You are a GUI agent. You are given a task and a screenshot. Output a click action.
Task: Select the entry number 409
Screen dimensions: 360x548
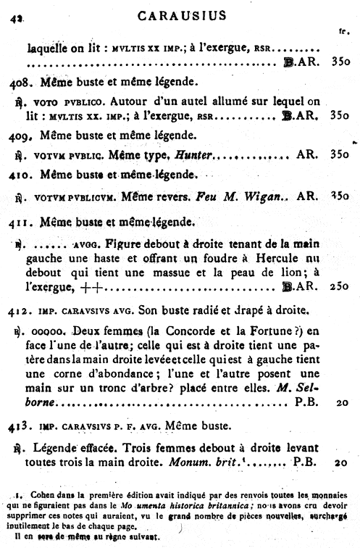coord(18,136)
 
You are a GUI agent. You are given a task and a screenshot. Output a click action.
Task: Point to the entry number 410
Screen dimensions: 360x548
coord(18,175)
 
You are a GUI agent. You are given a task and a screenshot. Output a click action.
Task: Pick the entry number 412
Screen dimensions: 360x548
coord(19,312)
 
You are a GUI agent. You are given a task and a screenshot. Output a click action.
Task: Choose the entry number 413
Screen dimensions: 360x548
coord(19,425)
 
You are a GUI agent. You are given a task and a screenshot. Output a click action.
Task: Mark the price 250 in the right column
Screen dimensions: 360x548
coord(339,287)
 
